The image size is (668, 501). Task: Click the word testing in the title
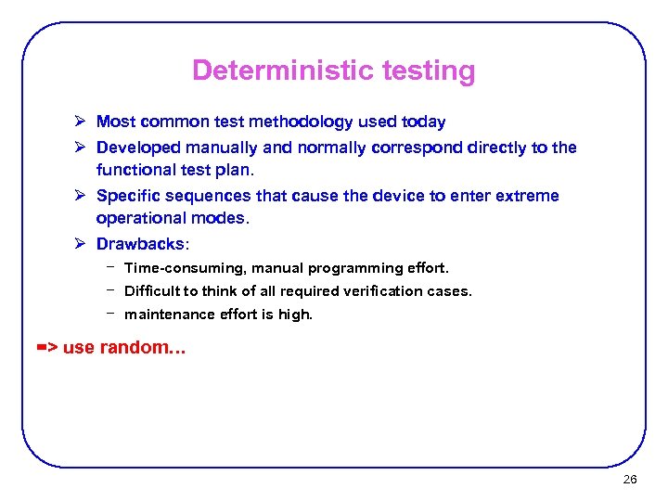click(428, 71)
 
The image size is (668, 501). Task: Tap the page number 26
click(630, 480)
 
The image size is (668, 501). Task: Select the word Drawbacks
click(140, 244)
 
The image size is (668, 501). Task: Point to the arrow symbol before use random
click(46, 348)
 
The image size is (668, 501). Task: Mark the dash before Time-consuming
click(109, 266)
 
